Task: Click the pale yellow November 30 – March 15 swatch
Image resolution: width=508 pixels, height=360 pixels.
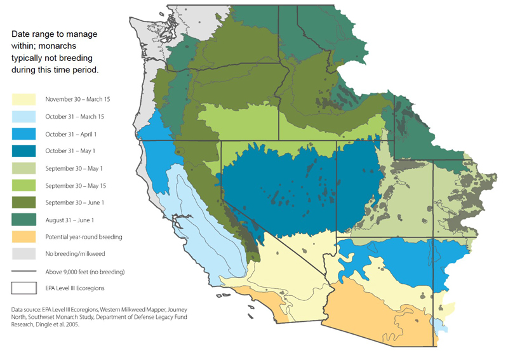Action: coord(23,99)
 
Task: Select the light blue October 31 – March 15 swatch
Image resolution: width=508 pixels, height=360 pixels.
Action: coord(23,116)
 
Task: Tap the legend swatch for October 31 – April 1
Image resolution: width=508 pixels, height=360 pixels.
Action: coord(23,134)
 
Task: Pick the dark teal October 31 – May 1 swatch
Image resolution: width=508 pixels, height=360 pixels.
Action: coord(23,151)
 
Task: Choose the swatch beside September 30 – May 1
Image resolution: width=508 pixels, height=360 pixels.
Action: coord(23,168)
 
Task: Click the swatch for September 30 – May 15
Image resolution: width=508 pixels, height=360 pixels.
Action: coord(23,185)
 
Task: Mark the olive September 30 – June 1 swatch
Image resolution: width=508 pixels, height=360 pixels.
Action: coord(23,203)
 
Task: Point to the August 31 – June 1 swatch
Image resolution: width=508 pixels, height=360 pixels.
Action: coord(23,220)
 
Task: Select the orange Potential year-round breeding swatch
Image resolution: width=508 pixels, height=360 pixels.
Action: coord(23,237)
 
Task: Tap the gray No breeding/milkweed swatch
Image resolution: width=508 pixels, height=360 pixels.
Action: coord(23,254)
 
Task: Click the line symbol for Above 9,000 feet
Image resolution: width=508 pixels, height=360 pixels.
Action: coord(23,271)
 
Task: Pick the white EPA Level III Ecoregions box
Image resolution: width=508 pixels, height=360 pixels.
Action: coord(23,288)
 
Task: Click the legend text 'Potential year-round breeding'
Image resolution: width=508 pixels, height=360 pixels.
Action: coord(85,237)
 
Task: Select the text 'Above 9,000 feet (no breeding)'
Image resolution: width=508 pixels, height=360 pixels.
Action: coord(84,271)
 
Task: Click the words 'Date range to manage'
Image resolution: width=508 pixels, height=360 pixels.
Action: coord(55,34)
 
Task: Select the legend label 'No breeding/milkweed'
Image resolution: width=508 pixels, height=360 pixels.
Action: coord(74,254)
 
